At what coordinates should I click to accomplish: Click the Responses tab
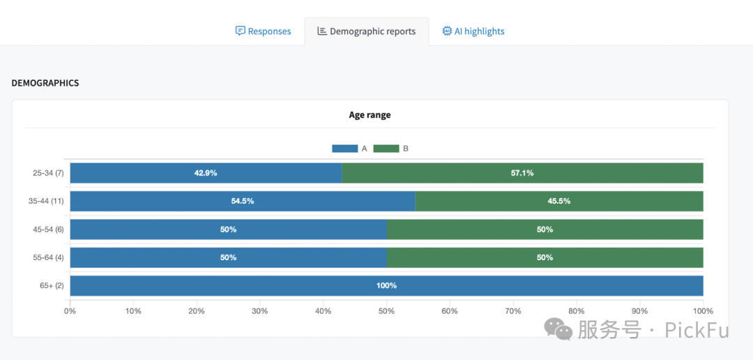[x=263, y=31]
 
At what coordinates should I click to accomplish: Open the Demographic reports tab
[x=366, y=31]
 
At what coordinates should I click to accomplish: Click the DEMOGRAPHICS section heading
[x=45, y=83]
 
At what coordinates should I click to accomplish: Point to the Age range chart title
[x=370, y=115]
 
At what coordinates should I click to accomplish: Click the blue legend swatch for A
[x=344, y=149]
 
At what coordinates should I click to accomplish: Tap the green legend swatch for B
[x=386, y=149]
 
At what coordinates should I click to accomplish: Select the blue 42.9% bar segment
[x=206, y=173]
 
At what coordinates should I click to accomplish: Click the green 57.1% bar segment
[x=522, y=173]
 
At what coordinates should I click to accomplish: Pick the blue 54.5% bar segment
[x=243, y=201]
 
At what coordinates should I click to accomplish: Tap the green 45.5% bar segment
[x=559, y=201]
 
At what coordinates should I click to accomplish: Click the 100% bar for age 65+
[x=386, y=285]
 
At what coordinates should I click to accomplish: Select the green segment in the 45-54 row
[x=545, y=230]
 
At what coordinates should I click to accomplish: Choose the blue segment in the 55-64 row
[x=228, y=257]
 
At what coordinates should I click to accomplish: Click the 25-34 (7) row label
[x=48, y=173]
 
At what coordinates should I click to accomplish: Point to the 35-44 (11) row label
[x=47, y=201]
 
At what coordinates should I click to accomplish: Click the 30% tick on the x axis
[x=260, y=311]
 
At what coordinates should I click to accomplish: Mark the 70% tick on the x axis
[x=513, y=311]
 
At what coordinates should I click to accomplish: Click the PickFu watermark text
[x=697, y=329]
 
